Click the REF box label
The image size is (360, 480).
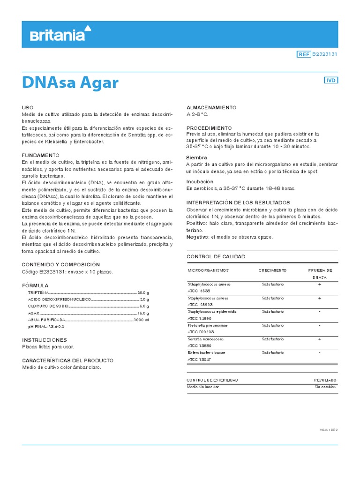pyautogui.click(x=304, y=54)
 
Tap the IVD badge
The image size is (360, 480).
pyautogui.click(x=331, y=80)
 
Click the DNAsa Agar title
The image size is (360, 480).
pyautogui.click(x=70, y=83)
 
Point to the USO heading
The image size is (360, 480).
pyautogui.click(x=28, y=107)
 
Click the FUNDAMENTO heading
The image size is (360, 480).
pyautogui.click(x=41, y=155)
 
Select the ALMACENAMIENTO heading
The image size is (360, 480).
pyautogui.click(x=211, y=107)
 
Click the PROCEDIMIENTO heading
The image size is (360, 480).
pyautogui.click(x=209, y=127)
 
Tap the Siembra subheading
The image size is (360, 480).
pyautogui.click(x=196, y=158)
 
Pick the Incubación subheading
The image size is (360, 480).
pyautogui.click(x=200, y=181)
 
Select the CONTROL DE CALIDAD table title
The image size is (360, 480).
pyautogui.click(x=216, y=257)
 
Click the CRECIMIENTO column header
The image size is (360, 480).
pyautogui.click(x=272, y=270)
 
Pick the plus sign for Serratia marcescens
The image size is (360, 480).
pyautogui.click(x=319, y=338)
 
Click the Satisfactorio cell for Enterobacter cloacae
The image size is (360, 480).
pyautogui.click(x=272, y=352)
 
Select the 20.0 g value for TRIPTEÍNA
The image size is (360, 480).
pyautogui.click(x=143, y=292)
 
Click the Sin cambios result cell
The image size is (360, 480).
pyautogui.click(x=325, y=387)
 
